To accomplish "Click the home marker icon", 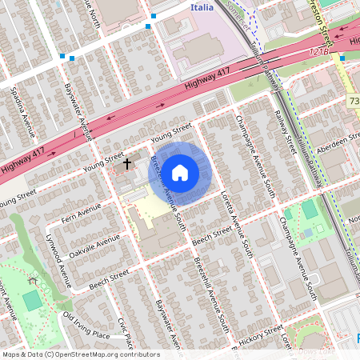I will tap(181, 172).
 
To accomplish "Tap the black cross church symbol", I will tap(126, 163).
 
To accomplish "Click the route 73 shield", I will tap(354, 101).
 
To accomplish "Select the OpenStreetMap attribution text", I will tap(80, 354).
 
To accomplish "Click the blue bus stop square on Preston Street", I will tap(342, 58).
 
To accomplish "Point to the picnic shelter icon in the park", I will tap(32, 280).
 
